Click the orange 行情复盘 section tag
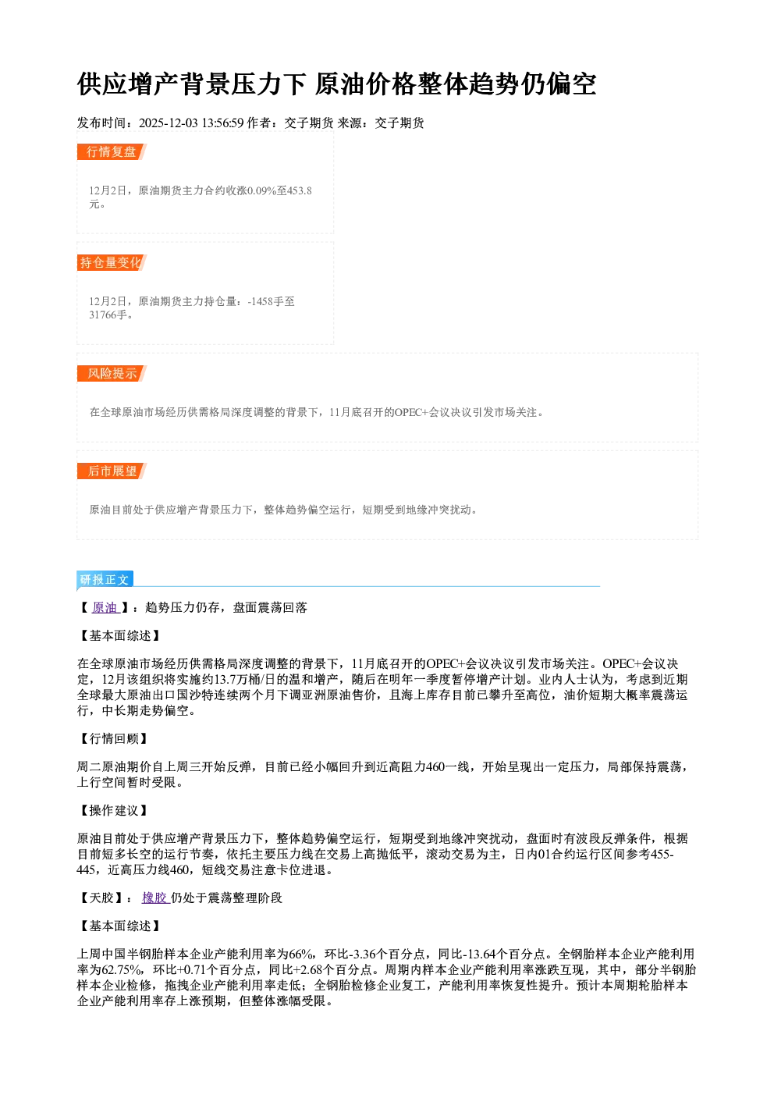[112, 151]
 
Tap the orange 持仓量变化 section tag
[112, 262]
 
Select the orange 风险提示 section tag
[112, 374]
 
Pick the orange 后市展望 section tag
[112, 471]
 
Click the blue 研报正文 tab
[105, 579]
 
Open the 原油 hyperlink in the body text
[105, 607]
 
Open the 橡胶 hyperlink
[155, 898]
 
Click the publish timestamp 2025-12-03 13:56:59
[191, 123]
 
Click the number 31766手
[108, 315]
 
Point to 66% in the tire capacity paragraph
[302, 954]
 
